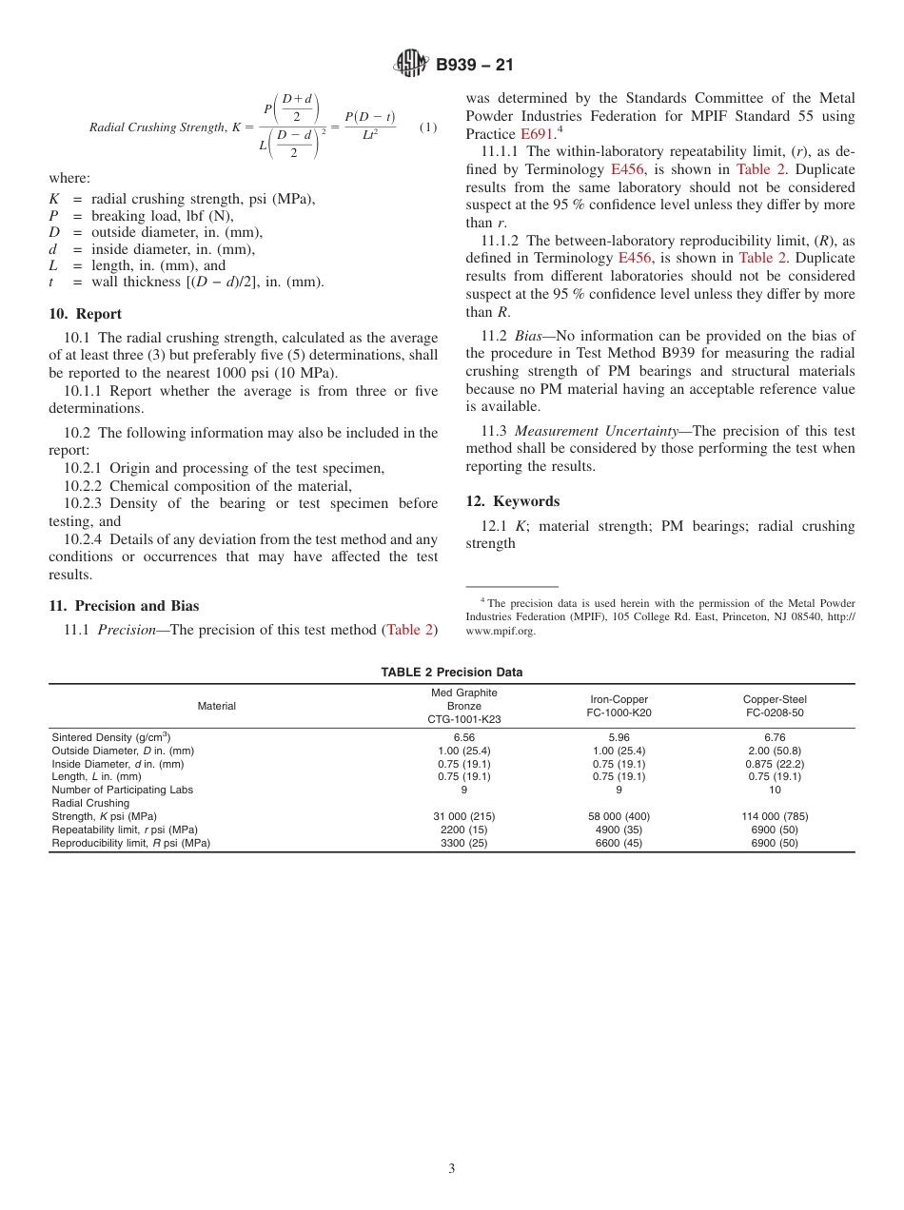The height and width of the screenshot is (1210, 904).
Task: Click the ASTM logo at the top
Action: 411,65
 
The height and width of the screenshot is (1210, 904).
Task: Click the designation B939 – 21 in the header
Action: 474,66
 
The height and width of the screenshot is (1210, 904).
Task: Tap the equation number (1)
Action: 428,127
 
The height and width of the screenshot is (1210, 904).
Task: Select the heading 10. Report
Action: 85,314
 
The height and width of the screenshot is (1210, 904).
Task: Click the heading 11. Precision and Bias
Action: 124,606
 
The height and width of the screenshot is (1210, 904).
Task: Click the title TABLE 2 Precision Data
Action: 451,672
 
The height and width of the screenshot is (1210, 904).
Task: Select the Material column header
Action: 216,706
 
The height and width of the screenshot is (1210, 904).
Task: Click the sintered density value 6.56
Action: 463,737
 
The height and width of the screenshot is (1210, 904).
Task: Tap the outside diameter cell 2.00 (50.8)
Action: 774,751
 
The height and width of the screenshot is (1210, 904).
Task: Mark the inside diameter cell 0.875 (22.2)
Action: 774,764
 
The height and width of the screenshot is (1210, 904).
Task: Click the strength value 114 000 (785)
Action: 774,816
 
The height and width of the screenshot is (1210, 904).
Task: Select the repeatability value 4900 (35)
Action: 619,829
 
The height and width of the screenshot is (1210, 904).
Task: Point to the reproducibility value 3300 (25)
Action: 463,843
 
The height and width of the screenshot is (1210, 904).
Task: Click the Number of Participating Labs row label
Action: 122,790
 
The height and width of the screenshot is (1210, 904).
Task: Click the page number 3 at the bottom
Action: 451,1169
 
